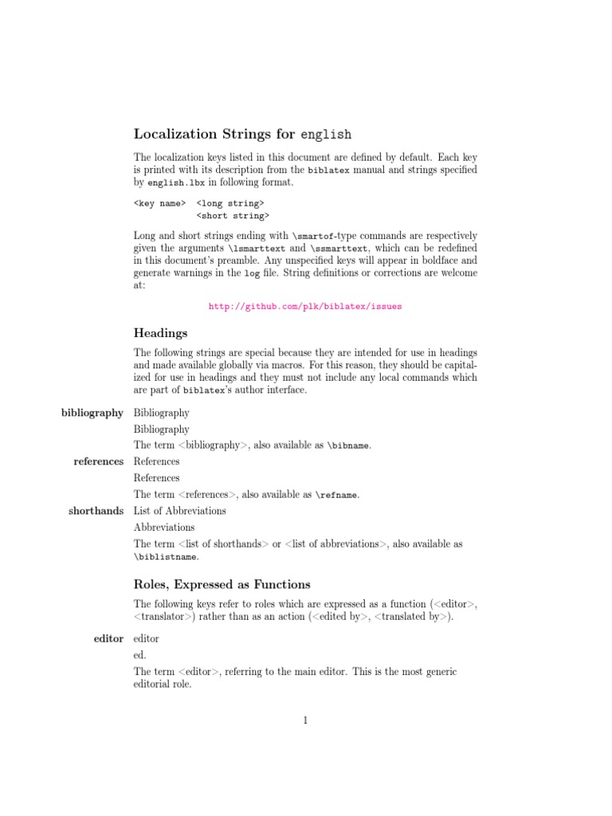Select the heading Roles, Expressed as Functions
[222, 584]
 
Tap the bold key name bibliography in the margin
[92, 413]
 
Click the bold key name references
[98, 461]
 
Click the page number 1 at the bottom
[305, 720]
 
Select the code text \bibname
[349, 446]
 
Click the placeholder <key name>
[159, 204]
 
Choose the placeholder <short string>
[233, 215]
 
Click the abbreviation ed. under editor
[140, 656]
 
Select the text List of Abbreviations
[179, 511]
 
